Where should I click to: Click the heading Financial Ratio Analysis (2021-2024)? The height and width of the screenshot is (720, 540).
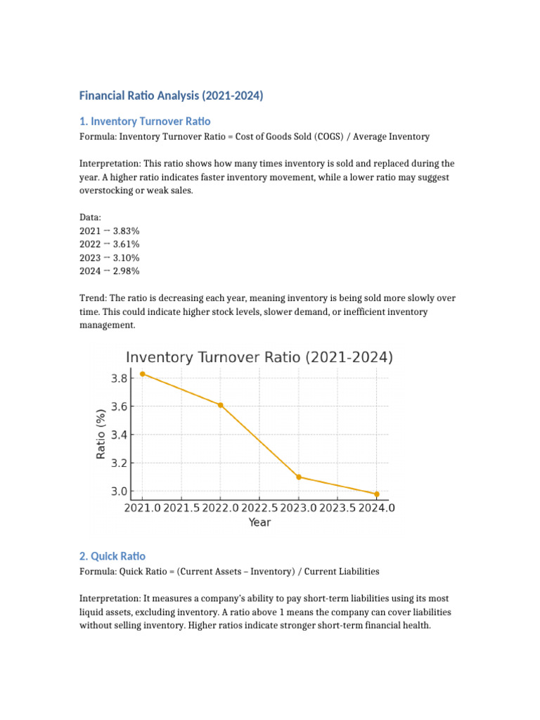point(171,96)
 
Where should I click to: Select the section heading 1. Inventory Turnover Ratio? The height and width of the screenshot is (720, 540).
point(145,121)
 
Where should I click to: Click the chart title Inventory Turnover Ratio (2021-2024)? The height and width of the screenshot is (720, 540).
point(259,357)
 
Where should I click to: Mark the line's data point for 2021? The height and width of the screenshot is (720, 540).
point(143,374)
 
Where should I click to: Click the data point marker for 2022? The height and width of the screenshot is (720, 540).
point(221,405)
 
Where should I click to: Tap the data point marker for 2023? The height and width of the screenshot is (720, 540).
point(299,477)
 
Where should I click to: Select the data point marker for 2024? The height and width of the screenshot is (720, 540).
point(377,494)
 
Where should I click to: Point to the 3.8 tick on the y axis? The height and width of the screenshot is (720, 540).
point(119,378)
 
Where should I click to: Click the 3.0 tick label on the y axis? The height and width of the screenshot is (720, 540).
point(119,491)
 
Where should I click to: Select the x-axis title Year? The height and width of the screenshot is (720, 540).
point(259,522)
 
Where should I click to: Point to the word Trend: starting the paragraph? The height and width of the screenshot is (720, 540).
point(94,298)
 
